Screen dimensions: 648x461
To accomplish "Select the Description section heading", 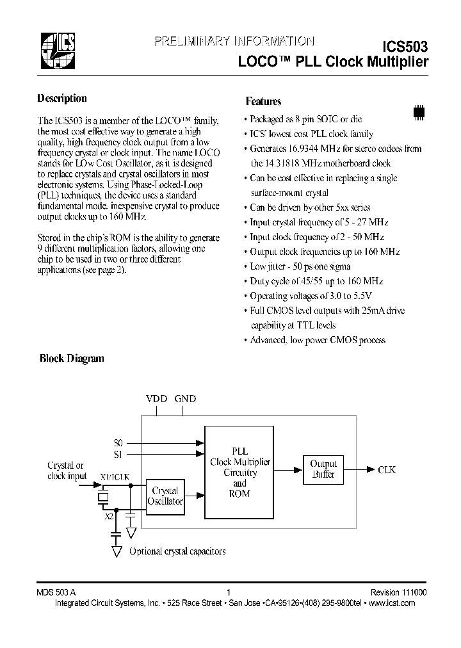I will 62,99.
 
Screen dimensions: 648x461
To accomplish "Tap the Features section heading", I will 263,101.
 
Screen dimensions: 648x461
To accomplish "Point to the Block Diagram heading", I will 72,359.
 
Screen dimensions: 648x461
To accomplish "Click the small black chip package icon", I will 419,111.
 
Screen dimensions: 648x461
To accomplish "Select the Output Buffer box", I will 323,469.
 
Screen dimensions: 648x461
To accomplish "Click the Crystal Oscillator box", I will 165,497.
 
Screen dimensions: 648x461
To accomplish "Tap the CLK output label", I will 387,469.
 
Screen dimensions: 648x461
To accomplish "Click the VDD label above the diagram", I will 156,399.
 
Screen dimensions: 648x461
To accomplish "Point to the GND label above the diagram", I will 186,399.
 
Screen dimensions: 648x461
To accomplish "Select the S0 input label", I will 117,442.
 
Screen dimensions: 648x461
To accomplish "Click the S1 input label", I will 117,454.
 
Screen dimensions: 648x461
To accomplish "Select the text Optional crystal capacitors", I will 177,551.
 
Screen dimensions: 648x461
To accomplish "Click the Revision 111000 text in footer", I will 397,593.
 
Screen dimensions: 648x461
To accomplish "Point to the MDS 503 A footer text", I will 56,593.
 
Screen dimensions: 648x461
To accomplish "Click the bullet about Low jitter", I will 301,266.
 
